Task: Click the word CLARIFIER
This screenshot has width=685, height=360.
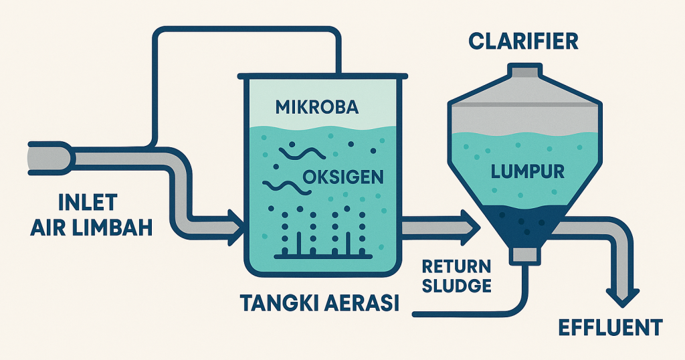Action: pos(523,41)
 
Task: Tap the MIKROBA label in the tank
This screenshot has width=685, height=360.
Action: pos(317,107)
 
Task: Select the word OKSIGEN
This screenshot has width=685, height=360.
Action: pos(343,177)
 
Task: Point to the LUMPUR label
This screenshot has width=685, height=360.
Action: pos(528,172)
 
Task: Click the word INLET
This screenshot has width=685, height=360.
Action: pos(88,203)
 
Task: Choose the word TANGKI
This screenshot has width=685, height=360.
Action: pos(275,303)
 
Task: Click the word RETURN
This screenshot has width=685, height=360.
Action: pos(456,266)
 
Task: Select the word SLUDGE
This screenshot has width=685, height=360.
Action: pos(456,285)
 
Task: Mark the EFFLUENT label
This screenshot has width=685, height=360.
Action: pos(611,328)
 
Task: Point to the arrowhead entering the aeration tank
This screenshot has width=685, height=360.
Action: pos(235,228)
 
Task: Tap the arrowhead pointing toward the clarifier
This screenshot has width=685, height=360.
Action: pos(471,228)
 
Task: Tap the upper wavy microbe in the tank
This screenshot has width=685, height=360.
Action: pos(302,153)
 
